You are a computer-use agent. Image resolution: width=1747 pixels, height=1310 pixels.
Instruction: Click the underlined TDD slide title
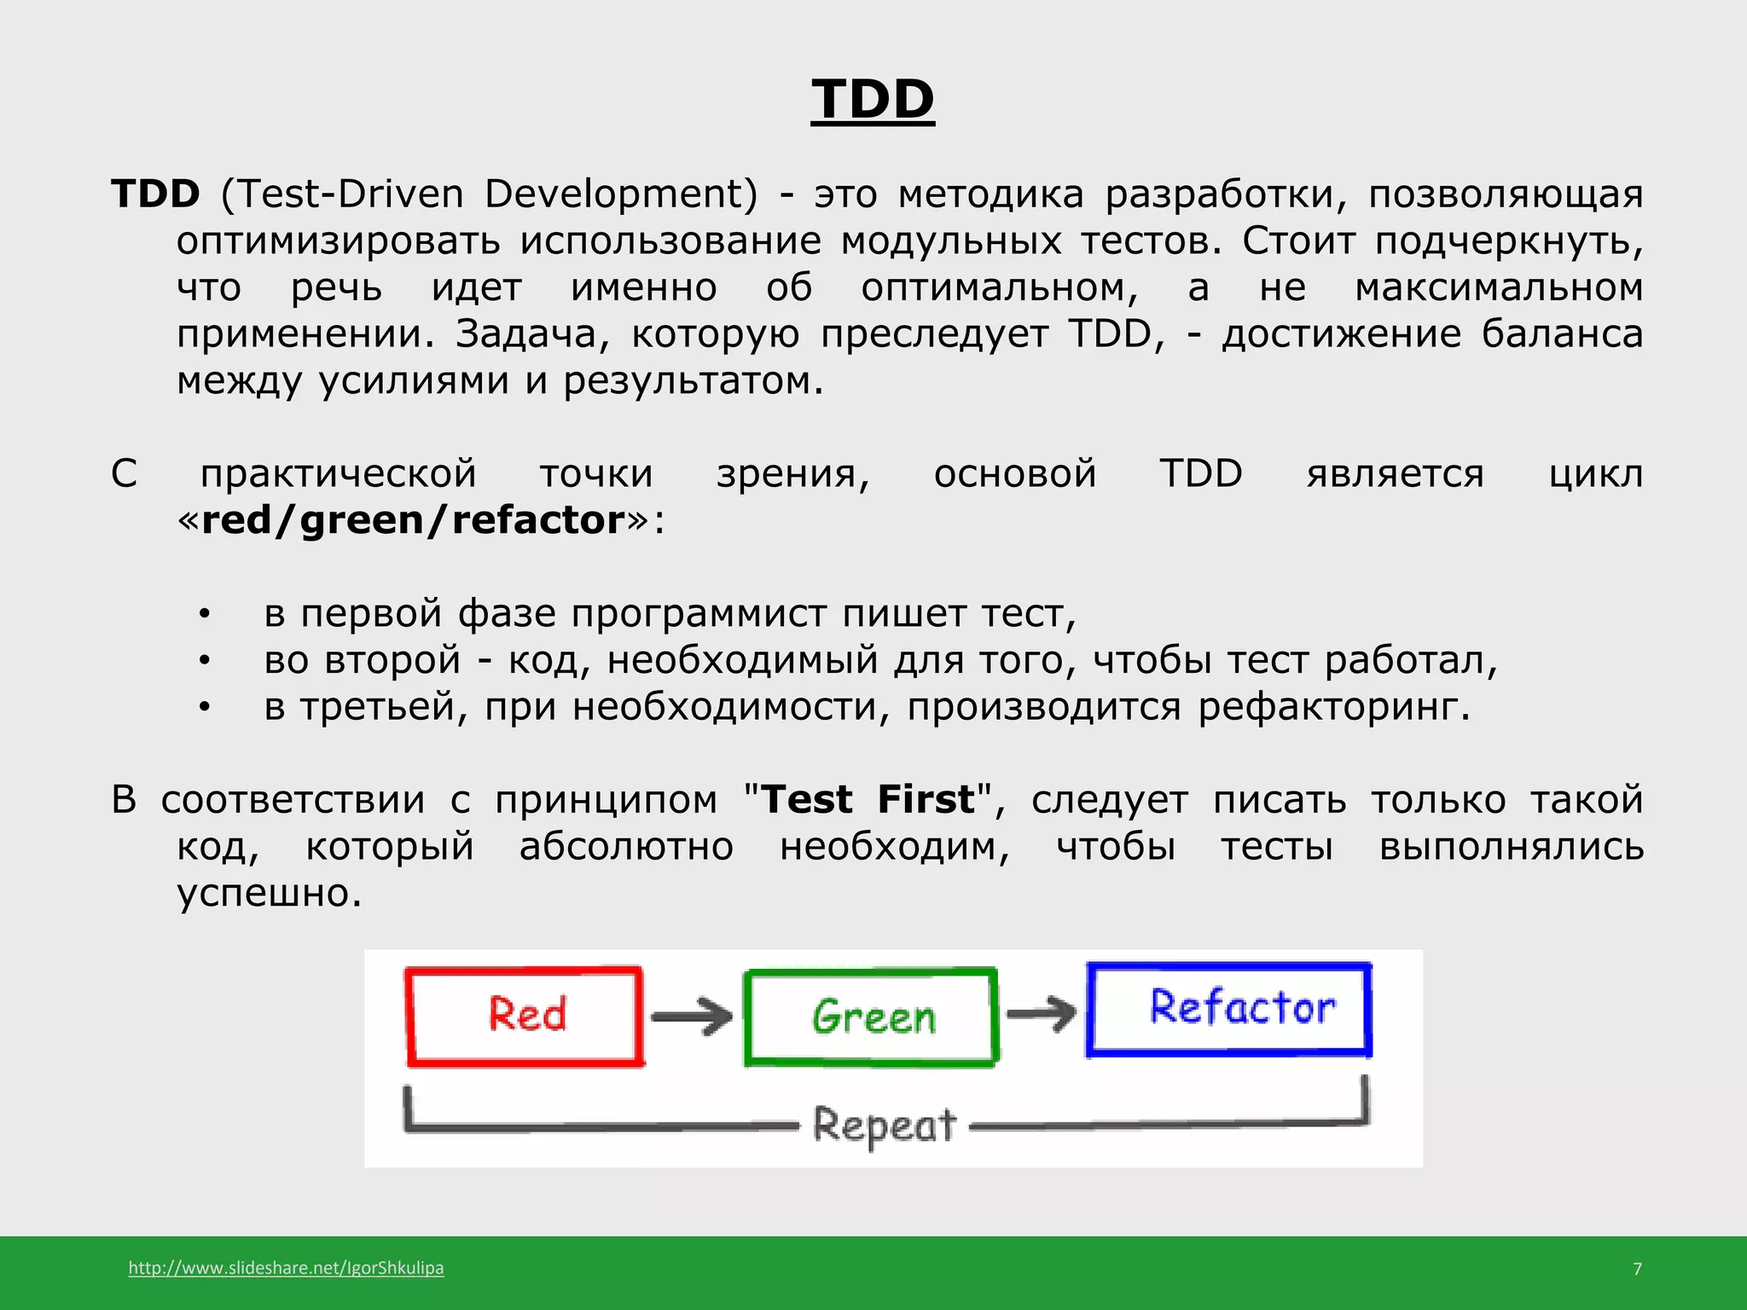point(872,100)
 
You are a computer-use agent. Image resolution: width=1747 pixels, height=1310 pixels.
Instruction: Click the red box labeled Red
point(525,1015)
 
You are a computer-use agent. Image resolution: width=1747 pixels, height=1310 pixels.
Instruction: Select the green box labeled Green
point(871,1017)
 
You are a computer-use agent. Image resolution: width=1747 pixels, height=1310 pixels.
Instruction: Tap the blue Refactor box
point(1229,1009)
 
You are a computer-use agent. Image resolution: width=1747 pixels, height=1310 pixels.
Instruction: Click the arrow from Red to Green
point(691,1017)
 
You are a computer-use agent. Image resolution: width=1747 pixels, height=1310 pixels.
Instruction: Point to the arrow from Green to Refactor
point(1041,1013)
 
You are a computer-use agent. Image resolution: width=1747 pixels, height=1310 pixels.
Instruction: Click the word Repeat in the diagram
point(884,1125)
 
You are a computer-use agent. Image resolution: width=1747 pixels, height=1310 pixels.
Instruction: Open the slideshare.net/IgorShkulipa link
point(286,1267)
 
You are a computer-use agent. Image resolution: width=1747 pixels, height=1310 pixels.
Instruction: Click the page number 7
point(1637,1269)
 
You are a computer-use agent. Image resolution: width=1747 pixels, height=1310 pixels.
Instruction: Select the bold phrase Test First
point(867,800)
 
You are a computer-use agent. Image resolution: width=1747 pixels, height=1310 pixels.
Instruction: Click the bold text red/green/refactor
point(413,520)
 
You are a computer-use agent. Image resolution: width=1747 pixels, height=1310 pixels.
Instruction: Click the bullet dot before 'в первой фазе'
point(204,615)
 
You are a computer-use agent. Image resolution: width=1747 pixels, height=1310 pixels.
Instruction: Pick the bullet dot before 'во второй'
point(204,661)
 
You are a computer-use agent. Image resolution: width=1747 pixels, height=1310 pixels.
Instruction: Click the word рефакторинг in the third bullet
point(1333,707)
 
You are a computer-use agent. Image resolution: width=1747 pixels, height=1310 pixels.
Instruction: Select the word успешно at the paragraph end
point(269,894)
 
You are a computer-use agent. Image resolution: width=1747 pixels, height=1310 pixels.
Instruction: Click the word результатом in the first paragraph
point(693,381)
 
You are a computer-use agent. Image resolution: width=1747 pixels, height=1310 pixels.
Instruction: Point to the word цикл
point(1595,474)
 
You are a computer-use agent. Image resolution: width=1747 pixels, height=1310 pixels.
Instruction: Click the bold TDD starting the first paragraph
point(155,194)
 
